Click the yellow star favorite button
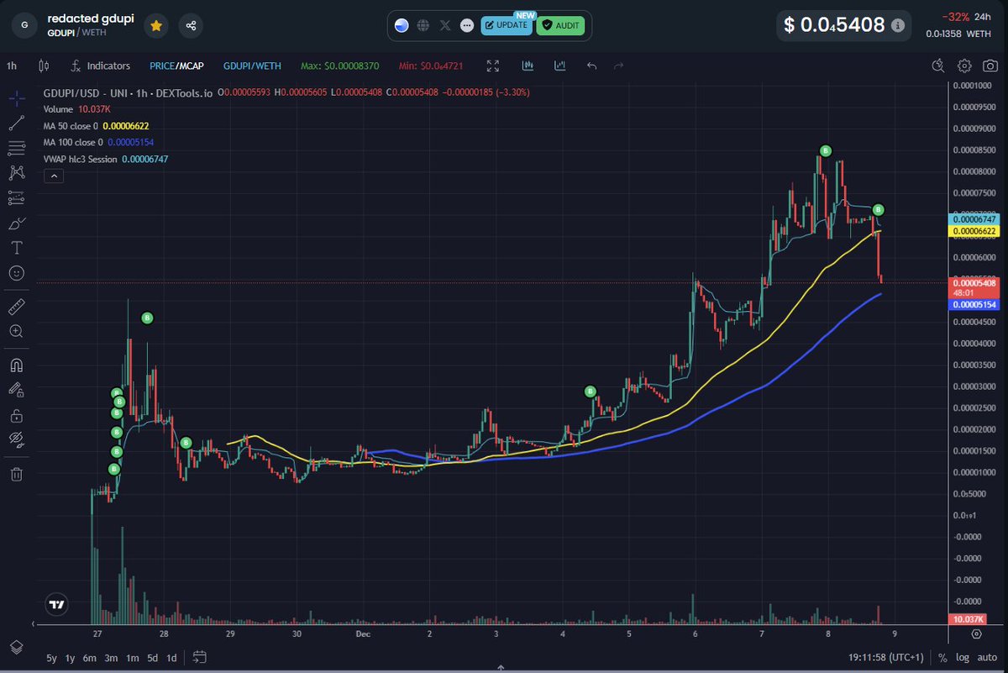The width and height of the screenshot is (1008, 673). [x=156, y=26]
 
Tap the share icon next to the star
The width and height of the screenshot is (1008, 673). [x=192, y=26]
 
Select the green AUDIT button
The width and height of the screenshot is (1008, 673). [x=560, y=25]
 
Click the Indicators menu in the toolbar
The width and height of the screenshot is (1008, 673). [x=101, y=66]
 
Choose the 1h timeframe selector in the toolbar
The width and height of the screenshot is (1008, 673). [x=12, y=66]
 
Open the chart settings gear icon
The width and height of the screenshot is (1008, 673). [x=965, y=66]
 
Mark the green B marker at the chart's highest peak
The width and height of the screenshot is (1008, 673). [x=826, y=151]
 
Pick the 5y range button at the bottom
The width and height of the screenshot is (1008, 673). [x=52, y=657]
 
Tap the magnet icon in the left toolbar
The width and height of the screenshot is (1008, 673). [x=16, y=365]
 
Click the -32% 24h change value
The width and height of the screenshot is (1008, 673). [x=956, y=17]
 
